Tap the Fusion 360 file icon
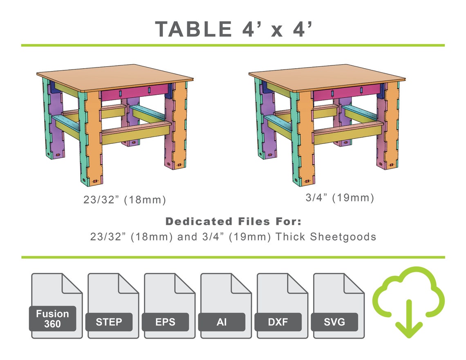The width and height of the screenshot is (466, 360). coord(57,306)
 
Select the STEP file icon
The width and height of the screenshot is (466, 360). coord(113,306)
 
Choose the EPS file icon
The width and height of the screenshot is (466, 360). coord(170,306)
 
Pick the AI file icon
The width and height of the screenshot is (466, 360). coord(226,306)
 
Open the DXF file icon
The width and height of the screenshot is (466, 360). coord(282,306)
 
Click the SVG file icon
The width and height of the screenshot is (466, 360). coord(338,306)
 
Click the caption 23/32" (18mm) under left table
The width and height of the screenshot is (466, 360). coord(125,200)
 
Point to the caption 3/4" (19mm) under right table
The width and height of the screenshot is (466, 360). coord(340,198)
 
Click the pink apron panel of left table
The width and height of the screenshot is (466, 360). coord(135,93)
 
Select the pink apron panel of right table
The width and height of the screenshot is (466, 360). coord(347,93)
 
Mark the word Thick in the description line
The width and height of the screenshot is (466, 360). coord(290,237)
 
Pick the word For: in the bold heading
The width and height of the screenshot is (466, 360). coord(288,222)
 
